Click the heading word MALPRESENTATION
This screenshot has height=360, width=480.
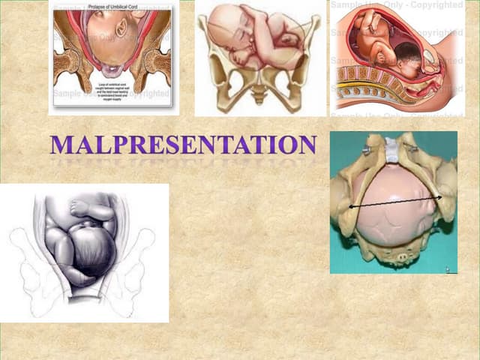click(183, 144)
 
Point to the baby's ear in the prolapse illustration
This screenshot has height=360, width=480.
click(121, 28)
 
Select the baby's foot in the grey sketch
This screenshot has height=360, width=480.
click(80, 207)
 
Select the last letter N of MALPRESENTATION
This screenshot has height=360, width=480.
click(307, 144)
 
